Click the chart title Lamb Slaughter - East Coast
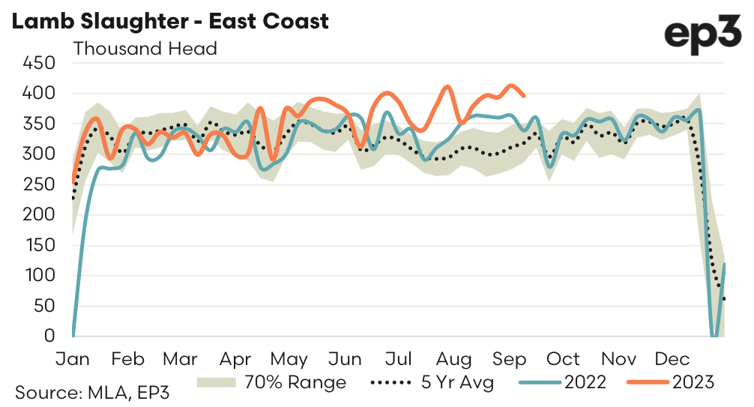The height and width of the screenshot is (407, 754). coord(169,21)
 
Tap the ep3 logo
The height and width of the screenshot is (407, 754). coord(702,34)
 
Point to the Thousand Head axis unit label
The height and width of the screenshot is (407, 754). coord(145,49)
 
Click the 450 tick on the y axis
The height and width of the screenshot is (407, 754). coord(40,63)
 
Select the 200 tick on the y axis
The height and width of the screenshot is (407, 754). coord(40,214)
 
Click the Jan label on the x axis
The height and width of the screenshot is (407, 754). coord(73,358)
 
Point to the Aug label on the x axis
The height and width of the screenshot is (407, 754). coord(453,358)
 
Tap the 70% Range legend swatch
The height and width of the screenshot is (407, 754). coord(217,382)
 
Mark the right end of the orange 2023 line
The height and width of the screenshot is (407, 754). coord(523,95)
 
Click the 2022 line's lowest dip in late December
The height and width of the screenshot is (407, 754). coord(714,337)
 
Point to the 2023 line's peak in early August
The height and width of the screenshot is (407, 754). coord(448,87)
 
